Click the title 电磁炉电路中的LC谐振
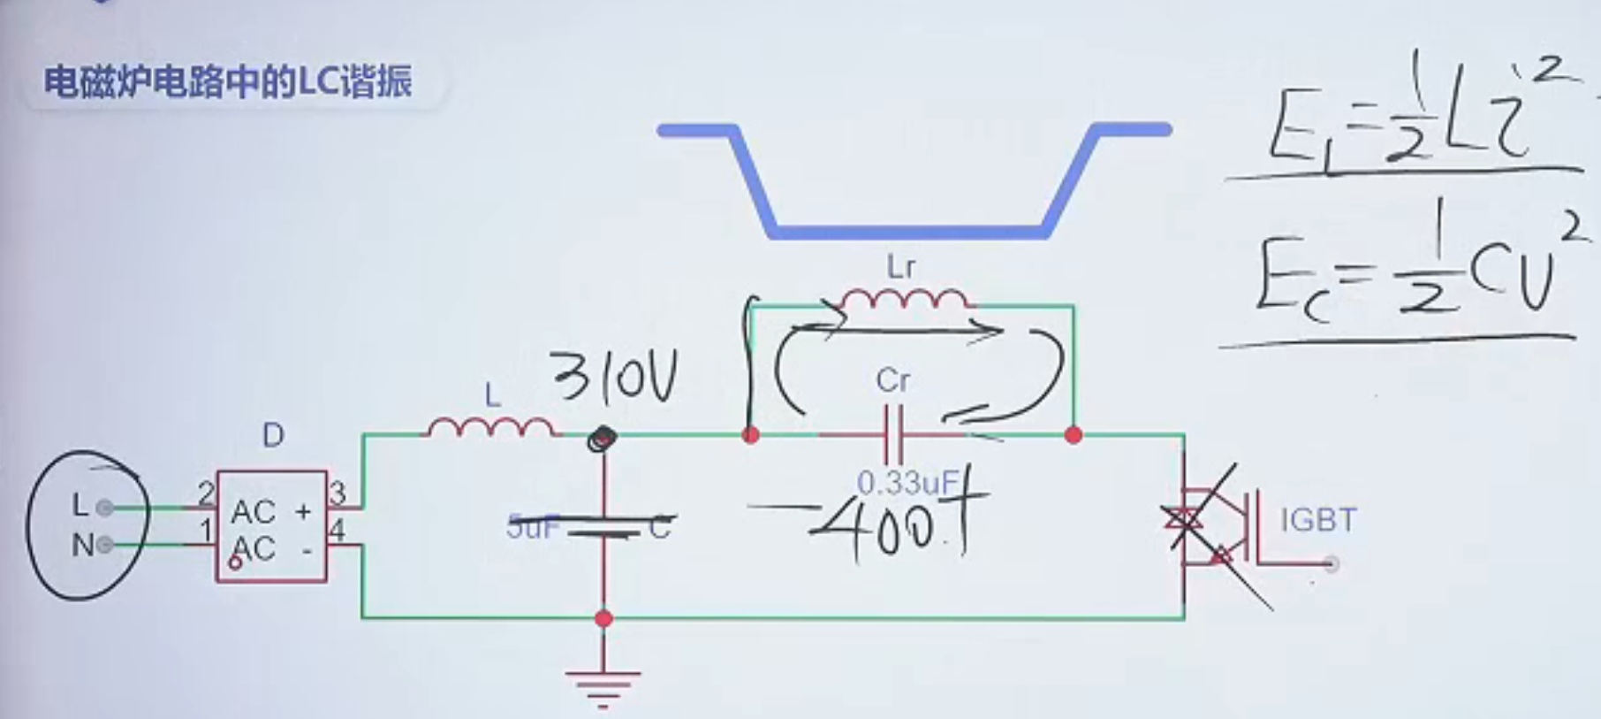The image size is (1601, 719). pyautogui.click(x=228, y=82)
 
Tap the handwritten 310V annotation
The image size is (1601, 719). pyautogui.click(x=616, y=378)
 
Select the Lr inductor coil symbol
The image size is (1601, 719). pyautogui.click(x=903, y=301)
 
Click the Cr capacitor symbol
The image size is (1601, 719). pyautogui.click(x=892, y=435)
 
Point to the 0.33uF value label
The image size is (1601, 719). pyautogui.click(x=907, y=482)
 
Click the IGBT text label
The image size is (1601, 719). pyautogui.click(x=1317, y=520)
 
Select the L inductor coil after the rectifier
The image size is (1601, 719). pyautogui.click(x=490, y=428)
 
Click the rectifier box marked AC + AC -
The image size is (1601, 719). pyautogui.click(x=271, y=527)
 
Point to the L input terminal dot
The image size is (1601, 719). pyautogui.click(x=104, y=508)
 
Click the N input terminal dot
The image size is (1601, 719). pyautogui.click(x=104, y=545)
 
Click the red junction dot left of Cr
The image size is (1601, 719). pyautogui.click(x=750, y=435)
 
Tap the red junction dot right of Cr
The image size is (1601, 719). pyautogui.click(x=1074, y=435)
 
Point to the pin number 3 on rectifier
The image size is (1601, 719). pyautogui.click(x=337, y=493)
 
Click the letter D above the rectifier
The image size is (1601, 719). pyautogui.click(x=273, y=435)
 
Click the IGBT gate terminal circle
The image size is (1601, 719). pyautogui.click(x=1332, y=564)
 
